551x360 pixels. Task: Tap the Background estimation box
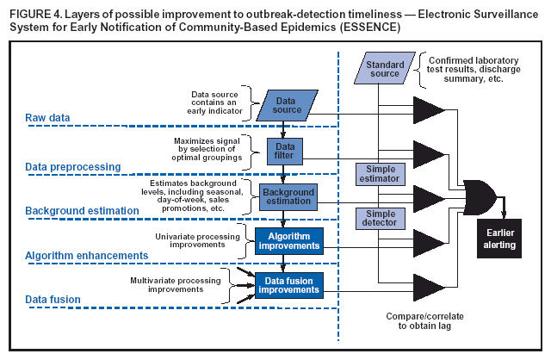coord(288,196)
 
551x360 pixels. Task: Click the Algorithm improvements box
coord(288,241)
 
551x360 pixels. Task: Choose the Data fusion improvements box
coord(288,285)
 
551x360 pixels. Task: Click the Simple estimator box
coord(380,175)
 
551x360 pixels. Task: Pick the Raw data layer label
coord(48,117)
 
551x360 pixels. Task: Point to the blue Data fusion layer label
coord(53,299)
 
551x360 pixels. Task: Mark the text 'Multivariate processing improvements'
coord(179,285)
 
